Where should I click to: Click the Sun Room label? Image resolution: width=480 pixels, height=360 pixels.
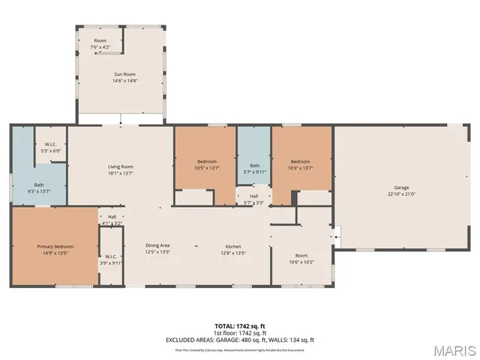click(x=124, y=74)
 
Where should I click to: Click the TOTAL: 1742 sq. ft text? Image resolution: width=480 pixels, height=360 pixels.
click(x=240, y=325)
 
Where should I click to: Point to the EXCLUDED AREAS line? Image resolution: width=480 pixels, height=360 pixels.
click(x=240, y=340)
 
